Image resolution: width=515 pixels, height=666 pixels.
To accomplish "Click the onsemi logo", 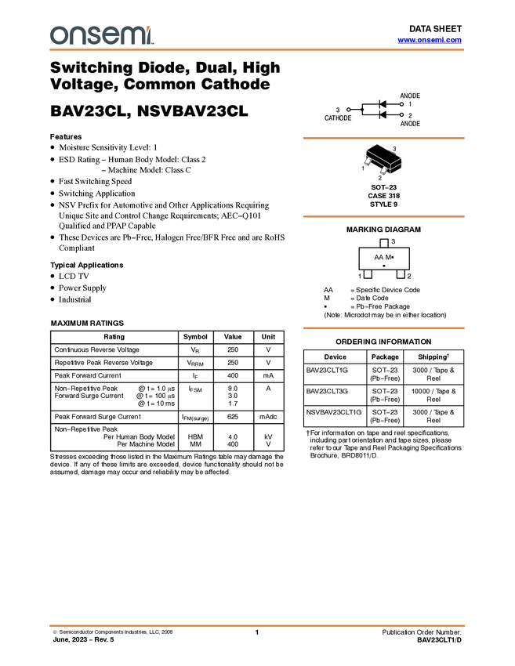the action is click(101, 35).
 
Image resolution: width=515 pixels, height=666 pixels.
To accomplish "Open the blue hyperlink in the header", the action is click(430, 40).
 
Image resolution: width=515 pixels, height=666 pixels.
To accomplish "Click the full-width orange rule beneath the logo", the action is click(257, 50).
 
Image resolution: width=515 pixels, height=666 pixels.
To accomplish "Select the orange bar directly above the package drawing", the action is click(383, 138).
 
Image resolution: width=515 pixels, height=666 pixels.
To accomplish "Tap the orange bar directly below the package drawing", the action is click(383, 216).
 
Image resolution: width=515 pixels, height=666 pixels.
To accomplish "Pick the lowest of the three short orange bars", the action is click(383, 328).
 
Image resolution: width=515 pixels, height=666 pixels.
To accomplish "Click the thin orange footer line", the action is click(257, 625).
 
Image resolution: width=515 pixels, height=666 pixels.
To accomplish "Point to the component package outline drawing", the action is click(383, 162).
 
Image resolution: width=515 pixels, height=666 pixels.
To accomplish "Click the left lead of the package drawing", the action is click(368, 161).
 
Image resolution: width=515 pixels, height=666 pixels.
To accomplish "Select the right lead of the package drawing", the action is click(385, 170).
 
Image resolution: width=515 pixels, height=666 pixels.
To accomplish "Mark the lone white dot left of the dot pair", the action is click(348, 110).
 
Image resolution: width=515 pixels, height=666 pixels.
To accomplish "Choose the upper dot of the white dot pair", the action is click(401, 104).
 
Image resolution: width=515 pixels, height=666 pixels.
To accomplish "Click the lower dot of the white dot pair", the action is click(401, 114).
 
